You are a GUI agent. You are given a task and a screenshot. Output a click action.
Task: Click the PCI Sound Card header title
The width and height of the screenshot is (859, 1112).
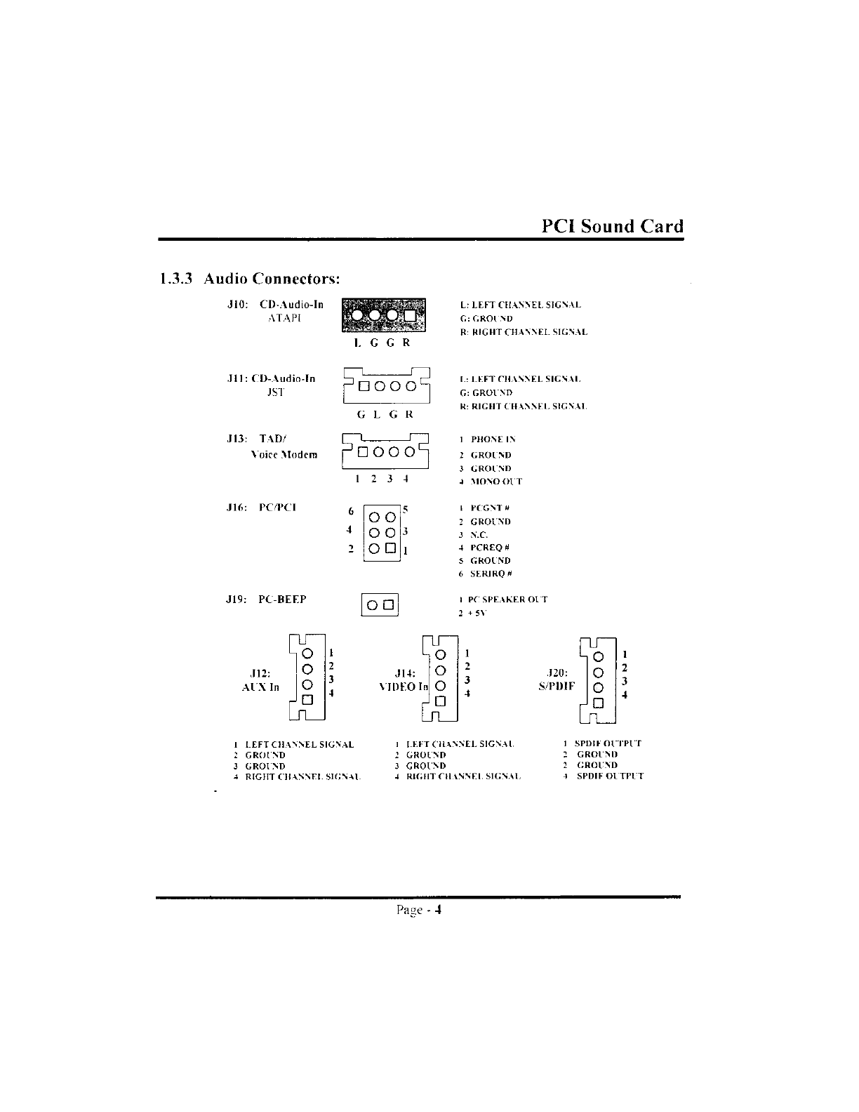[x=612, y=226]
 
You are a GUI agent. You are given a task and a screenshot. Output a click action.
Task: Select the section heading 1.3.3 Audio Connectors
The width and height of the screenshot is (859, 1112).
[x=250, y=279]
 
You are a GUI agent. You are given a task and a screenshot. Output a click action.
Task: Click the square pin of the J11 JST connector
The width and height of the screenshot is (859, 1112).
[x=364, y=386]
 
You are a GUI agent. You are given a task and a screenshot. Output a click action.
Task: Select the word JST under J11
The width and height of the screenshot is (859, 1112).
[x=277, y=392]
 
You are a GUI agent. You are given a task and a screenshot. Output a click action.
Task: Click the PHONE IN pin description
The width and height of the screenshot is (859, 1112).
[x=493, y=439]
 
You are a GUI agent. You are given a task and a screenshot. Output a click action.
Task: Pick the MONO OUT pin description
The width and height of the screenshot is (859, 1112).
[x=496, y=482]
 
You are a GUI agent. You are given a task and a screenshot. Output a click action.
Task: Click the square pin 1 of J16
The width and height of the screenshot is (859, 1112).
[x=390, y=548]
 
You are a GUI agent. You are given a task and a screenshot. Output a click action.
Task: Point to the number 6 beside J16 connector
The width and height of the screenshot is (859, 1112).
[x=351, y=512]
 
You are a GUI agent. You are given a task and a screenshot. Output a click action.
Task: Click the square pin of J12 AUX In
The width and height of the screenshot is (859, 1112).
[x=307, y=700]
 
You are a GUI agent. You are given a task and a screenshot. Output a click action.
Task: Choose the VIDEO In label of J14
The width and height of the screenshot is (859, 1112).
[x=404, y=687]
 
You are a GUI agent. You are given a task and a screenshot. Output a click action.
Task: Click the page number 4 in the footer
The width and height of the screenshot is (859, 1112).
[x=437, y=911]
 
